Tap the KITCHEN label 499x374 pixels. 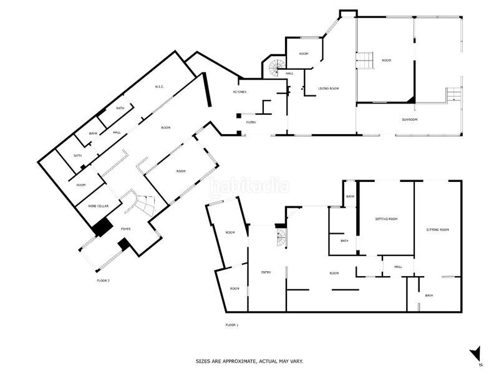(240, 92)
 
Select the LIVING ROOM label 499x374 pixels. (328, 89)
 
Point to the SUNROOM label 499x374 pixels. (409, 118)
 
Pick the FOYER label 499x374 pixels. (125, 229)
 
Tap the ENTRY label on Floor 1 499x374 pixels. (266, 272)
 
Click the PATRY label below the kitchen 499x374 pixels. (251, 122)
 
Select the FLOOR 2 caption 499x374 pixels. (103, 280)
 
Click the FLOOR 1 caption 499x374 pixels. (231, 325)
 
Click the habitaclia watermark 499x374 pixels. (249, 186)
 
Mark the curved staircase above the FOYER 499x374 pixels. (144, 205)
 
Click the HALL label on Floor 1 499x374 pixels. (397, 267)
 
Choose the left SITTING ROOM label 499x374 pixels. (386, 219)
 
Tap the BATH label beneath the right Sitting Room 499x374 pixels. (429, 295)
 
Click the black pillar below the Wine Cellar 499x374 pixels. (101, 228)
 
